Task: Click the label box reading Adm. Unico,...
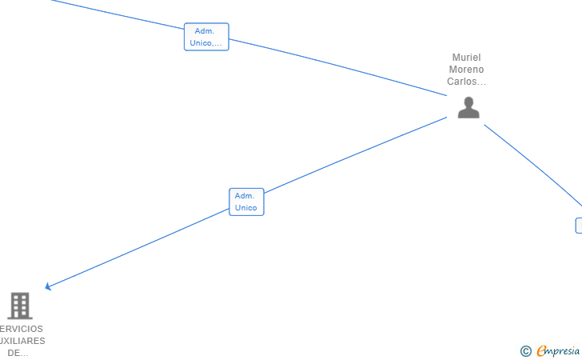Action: click(x=206, y=37)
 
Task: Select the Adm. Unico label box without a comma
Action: click(x=246, y=202)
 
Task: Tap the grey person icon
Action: click(x=468, y=108)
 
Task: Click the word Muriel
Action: click(x=467, y=58)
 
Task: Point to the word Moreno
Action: click(x=467, y=70)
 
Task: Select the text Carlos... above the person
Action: click(x=467, y=82)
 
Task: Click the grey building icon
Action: click(x=19, y=306)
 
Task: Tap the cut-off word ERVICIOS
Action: click(x=22, y=329)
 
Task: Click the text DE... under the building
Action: click(x=18, y=353)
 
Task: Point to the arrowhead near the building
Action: click(x=48, y=286)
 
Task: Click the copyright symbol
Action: click(x=525, y=350)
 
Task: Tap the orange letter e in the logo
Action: click(x=541, y=351)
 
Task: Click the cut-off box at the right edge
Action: click(x=579, y=226)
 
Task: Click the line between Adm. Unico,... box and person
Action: click(x=336, y=66)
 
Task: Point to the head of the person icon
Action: click(x=468, y=102)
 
